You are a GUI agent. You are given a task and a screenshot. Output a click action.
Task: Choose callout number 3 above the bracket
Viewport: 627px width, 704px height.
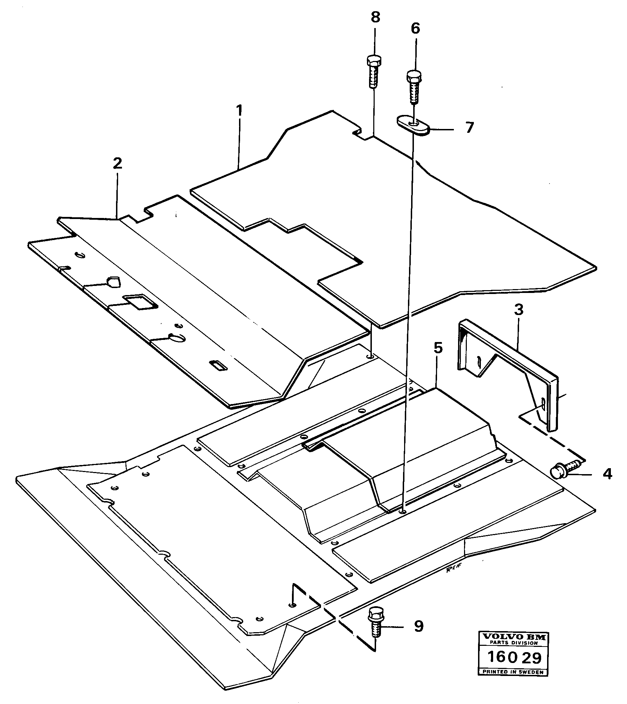point(518,310)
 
